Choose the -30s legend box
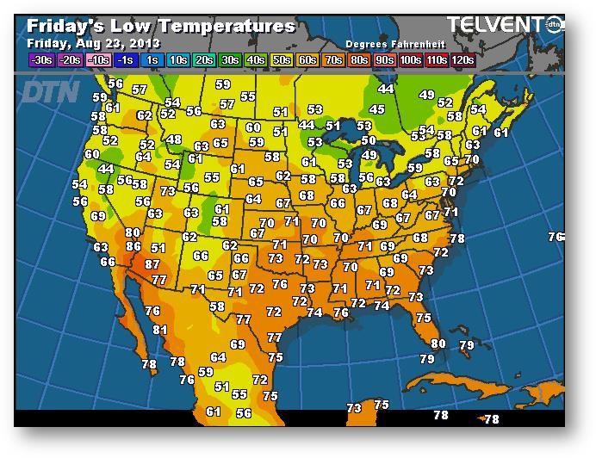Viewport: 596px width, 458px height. coord(41,59)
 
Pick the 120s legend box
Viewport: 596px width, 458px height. coord(463,59)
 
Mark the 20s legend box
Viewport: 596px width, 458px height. coord(205,59)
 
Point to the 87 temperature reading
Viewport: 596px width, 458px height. coord(152,264)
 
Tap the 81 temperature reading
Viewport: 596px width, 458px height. coord(160,330)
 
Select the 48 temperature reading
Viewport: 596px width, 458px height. coord(175,139)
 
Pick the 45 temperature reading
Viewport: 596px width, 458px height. coord(376,109)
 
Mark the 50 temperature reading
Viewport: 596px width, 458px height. coord(368,140)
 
